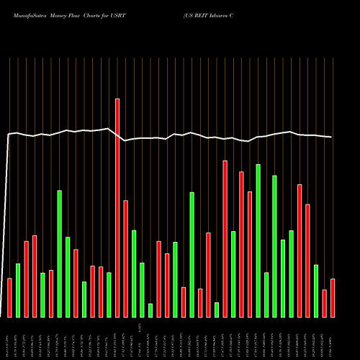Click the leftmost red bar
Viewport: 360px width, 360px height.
(x=9, y=297)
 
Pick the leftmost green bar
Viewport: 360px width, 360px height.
(x=18, y=290)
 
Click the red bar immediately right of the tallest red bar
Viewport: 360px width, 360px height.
(x=125, y=258)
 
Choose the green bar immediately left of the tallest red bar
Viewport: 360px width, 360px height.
(x=109, y=294)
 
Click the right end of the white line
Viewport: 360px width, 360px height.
(x=332, y=137)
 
